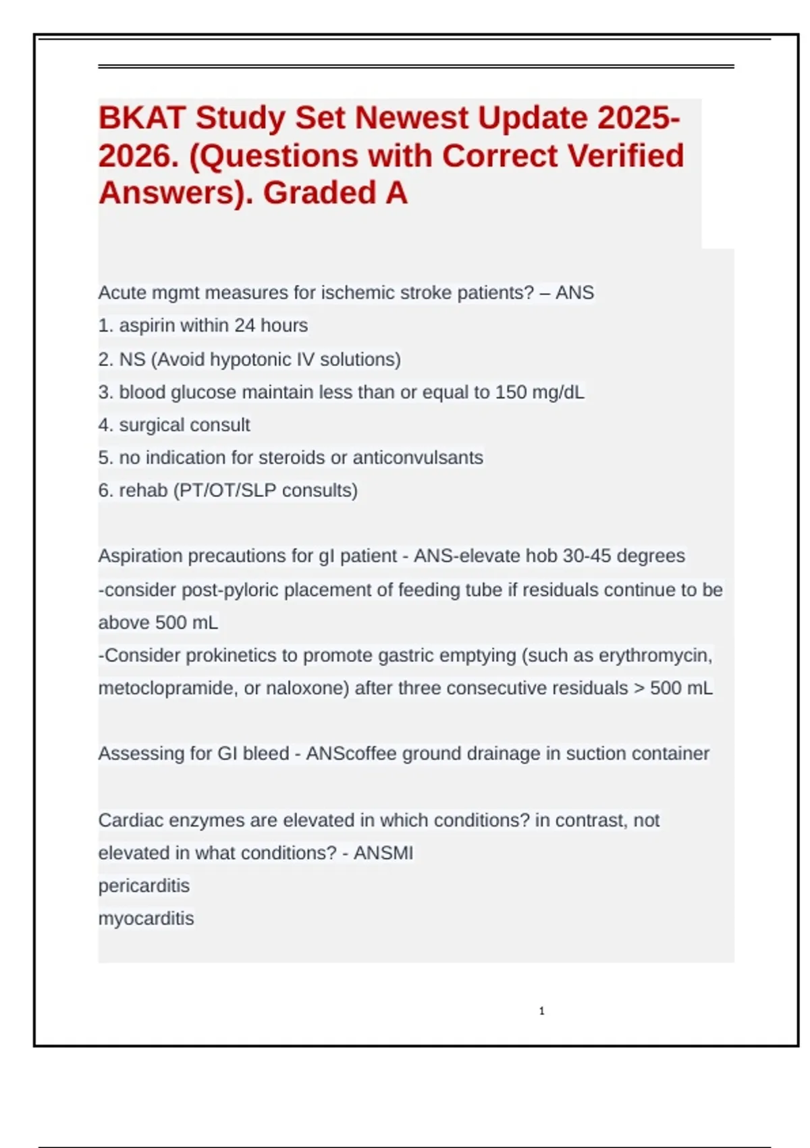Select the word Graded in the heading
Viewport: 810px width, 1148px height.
coord(319,193)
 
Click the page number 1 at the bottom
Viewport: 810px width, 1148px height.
coord(542,1011)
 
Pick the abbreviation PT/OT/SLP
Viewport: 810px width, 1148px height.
coord(228,490)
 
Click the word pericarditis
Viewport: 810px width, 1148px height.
coord(144,886)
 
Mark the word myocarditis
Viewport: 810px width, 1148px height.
coord(146,918)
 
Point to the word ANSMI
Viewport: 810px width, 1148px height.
coord(383,853)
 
